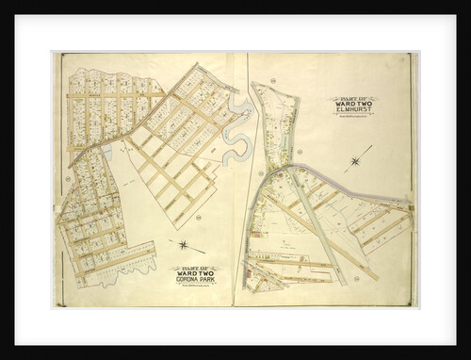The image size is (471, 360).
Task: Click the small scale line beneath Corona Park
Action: coord(195,286)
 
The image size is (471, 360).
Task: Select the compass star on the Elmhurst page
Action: coord(355,161)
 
